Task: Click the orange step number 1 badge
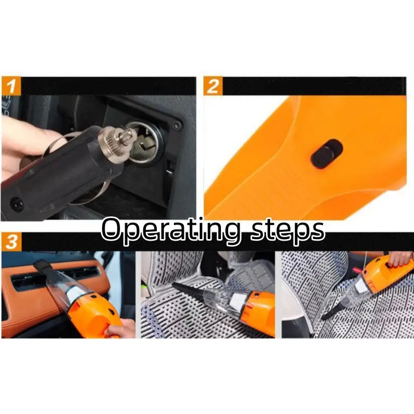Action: (11, 86)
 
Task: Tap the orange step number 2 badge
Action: (213, 86)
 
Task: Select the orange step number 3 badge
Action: (11, 242)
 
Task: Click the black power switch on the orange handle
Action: (327, 154)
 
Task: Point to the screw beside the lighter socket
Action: (177, 125)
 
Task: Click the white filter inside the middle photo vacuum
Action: (239, 302)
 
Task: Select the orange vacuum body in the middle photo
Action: (260, 307)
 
